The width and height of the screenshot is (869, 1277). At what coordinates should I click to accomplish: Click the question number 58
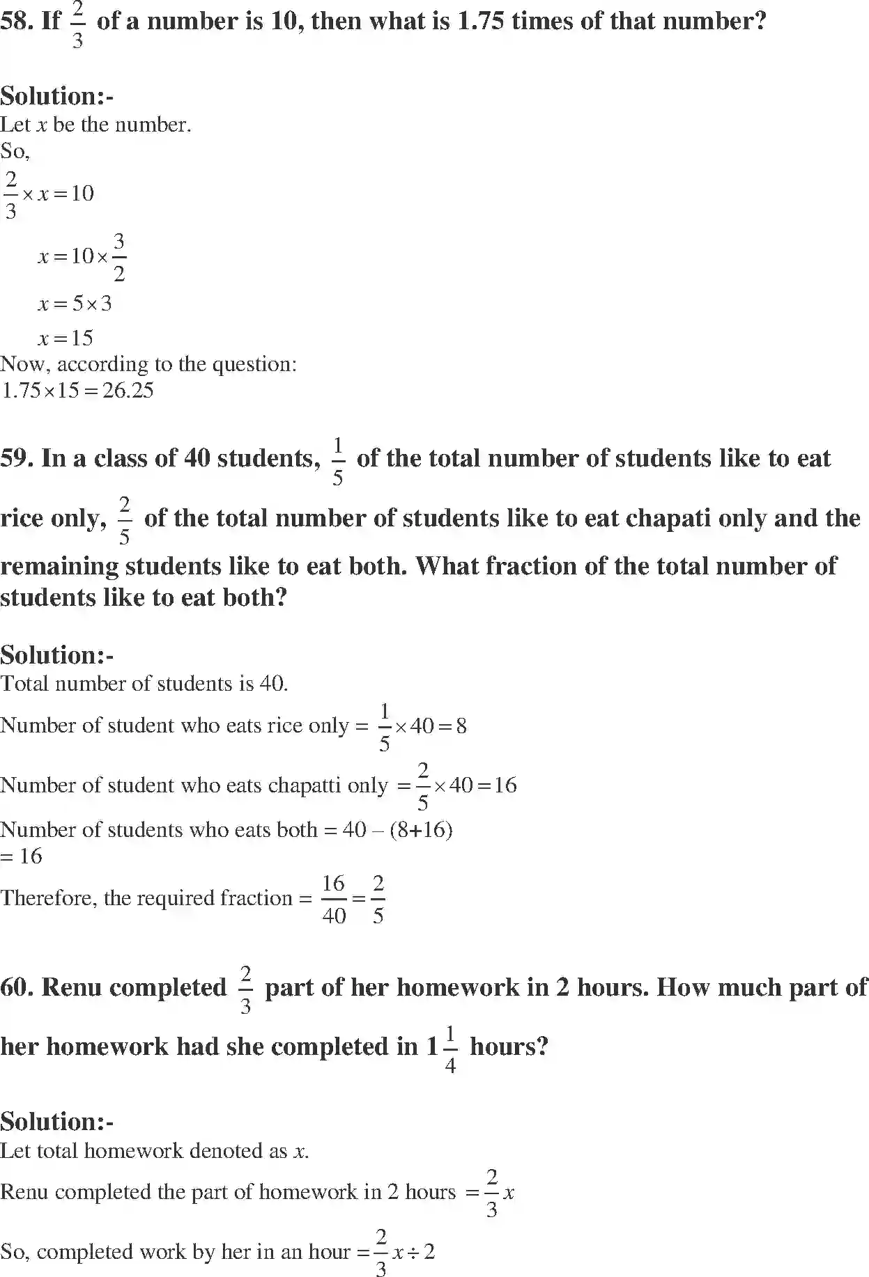pyautogui.click(x=17, y=21)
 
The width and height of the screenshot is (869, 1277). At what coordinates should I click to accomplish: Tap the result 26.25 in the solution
pyautogui.click(x=128, y=391)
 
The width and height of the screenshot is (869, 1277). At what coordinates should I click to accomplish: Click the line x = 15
pyautogui.click(x=66, y=338)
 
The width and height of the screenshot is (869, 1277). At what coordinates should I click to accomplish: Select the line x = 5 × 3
pyautogui.click(x=75, y=304)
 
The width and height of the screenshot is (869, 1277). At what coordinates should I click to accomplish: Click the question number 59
pyautogui.click(x=17, y=459)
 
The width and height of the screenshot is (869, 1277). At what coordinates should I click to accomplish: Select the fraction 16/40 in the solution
pyautogui.click(x=334, y=899)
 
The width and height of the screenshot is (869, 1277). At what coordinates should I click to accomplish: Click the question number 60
pyautogui.click(x=17, y=988)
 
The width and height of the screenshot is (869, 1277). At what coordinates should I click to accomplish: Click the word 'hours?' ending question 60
pyautogui.click(x=509, y=1047)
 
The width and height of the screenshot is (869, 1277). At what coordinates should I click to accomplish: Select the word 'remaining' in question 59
pyautogui.click(x=59, y=567)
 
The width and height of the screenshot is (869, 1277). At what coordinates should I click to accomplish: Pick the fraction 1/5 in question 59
pyautogui.click(x=338, y=460)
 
